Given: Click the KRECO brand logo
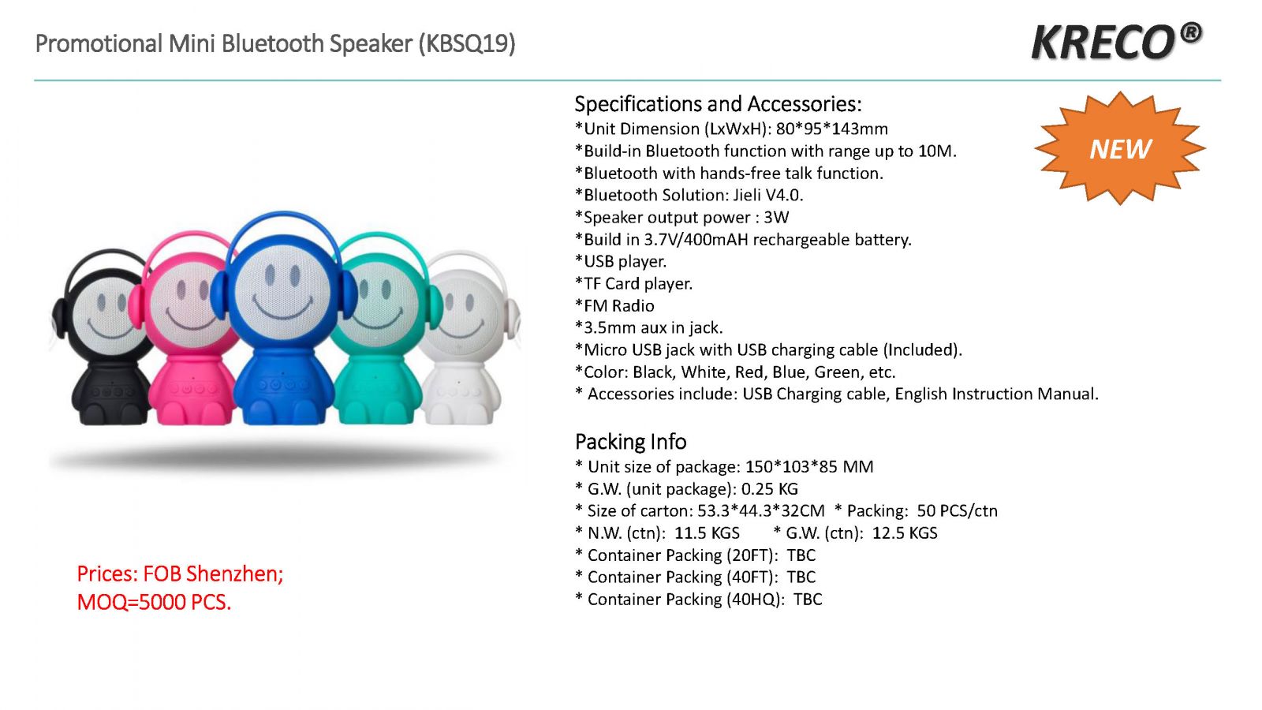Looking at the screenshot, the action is pyautogui.click(x=1116, y=41).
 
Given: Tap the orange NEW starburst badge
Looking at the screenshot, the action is pyautogui.click(x=1119, y=148).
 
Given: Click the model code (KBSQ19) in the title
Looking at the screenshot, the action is pyautogui.click(x=466, y=44).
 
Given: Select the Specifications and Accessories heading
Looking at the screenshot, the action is pyautogui.click(x=718, y=104).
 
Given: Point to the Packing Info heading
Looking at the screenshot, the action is pyautogui.click(x=630, y=441).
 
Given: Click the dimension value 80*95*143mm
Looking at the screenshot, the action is pyautogui.click(x=831, y=129).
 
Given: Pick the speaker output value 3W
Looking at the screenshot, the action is pyautogui.click(x=776, y=218).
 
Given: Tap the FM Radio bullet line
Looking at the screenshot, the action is pyautogui.click(x=614, y=306).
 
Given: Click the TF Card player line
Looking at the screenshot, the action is pyautogui.click(x=633, y=283).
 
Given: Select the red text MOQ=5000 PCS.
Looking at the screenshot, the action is pyautogui.click(x=154, y=603).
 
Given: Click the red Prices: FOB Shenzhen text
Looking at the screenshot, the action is pyautogui.click(x=180, y=574).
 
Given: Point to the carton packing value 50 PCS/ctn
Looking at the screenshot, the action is pyautogui.click(x=957, y=511).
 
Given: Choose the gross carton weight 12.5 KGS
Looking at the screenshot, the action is pyautogui.click(x=905, y=533).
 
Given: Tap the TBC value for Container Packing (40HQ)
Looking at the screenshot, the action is pyautogui.click(x=808, y=600).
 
